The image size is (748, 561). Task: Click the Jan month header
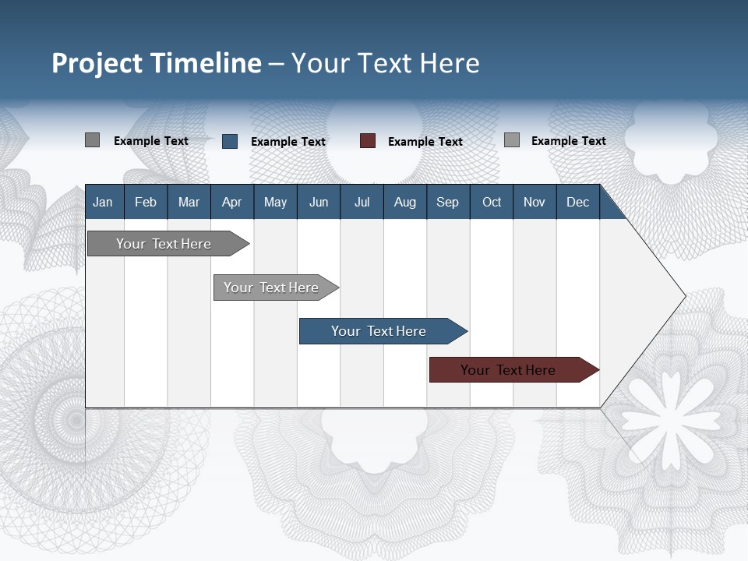coord(103,203)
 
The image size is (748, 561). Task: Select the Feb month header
coord(146,203)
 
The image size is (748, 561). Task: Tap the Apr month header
coord(231,203)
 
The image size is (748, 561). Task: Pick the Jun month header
coord(319,203)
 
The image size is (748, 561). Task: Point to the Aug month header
coord(404,203)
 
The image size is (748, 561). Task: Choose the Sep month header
coord(447,203)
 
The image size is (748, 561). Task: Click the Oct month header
coord(492,203)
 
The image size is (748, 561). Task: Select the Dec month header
coord(577,203)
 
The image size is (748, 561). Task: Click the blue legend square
coord(229,141)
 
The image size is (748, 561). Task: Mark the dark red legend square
coord(368,141)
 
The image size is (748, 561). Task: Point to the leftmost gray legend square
coord(92,140)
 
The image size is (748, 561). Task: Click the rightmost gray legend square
coord(511,140)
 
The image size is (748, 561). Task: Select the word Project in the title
coord(98,63)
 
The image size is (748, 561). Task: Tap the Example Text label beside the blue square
coord(288,142)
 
